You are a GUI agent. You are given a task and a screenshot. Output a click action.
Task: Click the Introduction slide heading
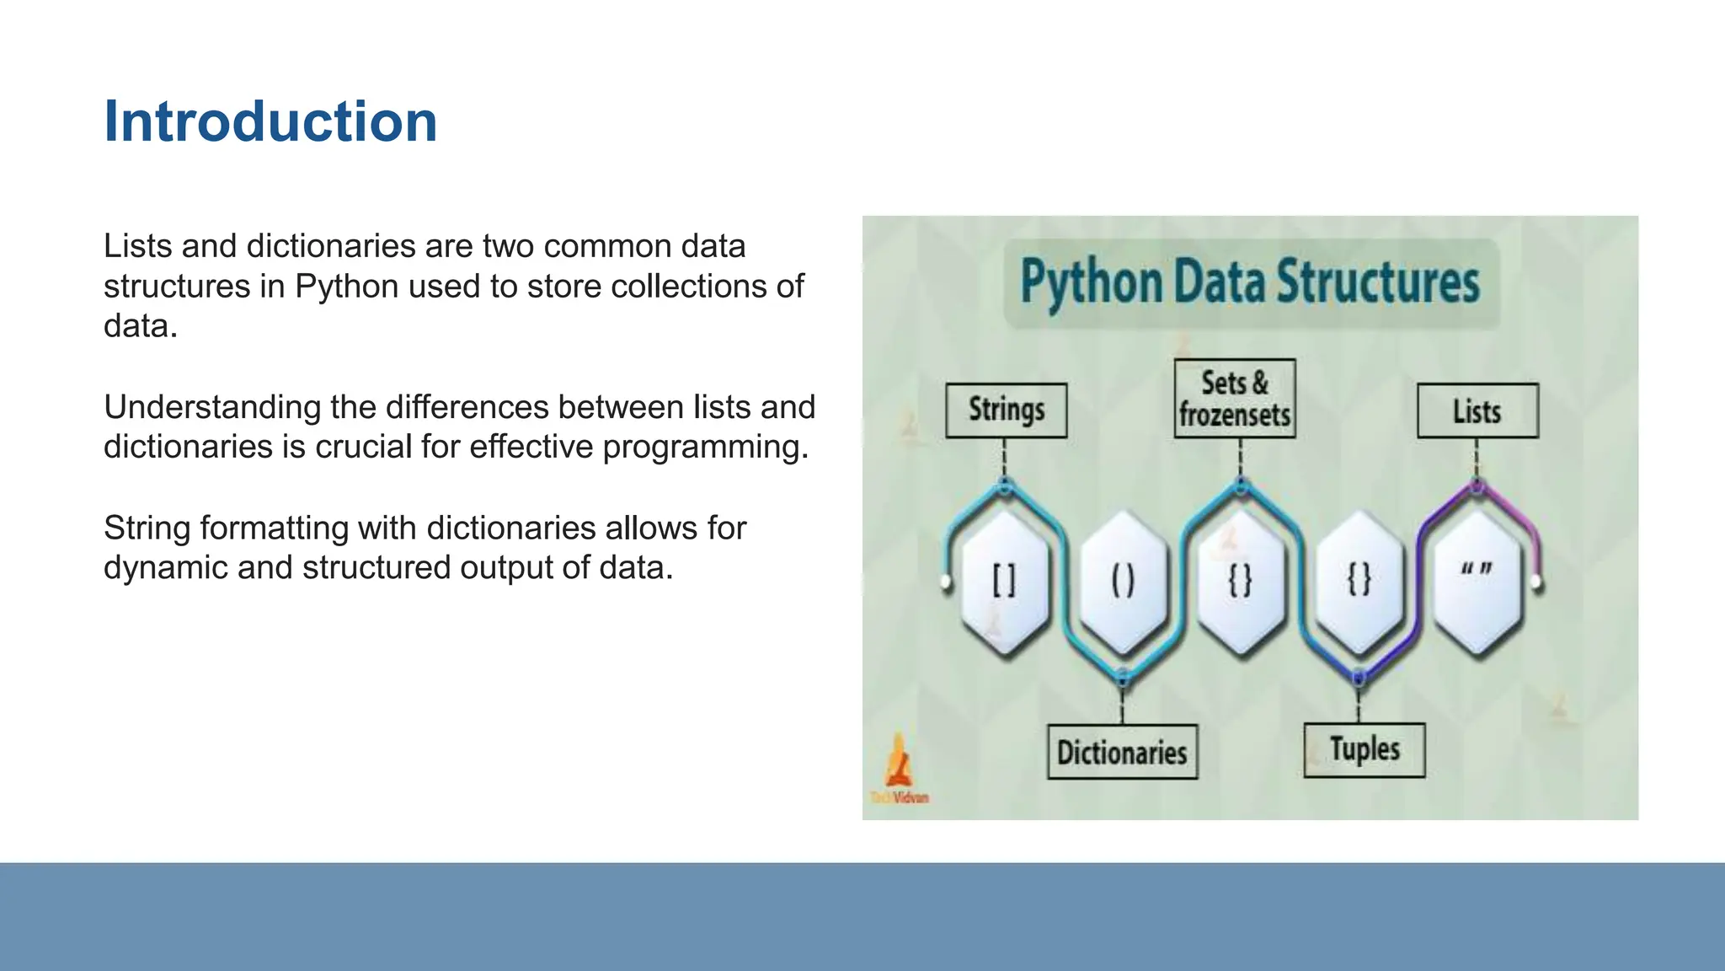click(270, 121)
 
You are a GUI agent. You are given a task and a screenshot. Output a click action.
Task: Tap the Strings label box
click(1006, 410)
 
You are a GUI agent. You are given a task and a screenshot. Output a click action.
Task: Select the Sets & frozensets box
click(1235, 399)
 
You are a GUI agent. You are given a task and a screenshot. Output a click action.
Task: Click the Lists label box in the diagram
click(1477, 411)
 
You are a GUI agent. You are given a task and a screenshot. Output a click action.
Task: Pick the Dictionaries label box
click(1122, 752)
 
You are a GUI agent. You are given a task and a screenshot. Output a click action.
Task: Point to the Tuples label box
click(1365, 749)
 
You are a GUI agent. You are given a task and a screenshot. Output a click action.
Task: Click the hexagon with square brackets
click(1004, 581)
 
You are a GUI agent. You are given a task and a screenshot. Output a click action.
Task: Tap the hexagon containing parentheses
click(1123, 581)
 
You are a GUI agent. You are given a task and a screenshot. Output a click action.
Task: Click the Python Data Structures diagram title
click(1251, 282)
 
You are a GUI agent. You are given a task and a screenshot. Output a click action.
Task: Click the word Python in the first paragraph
click(346, 287)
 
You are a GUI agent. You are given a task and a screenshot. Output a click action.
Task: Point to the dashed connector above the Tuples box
click(1358, 703)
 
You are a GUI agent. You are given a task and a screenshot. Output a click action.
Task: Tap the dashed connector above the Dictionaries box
click(1122, 704)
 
